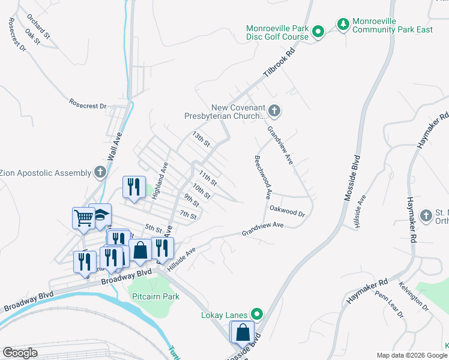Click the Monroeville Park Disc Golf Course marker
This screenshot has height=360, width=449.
tap(320, 32)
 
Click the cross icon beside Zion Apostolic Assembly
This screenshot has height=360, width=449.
tap(100, 173)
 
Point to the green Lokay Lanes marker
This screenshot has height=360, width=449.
tap(257, 314)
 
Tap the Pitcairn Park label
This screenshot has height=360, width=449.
tap(154, 296)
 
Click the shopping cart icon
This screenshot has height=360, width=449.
tap(83, 218)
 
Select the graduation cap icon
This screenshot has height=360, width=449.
tap(100, 215)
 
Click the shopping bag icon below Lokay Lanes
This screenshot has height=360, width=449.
tap(243, 332)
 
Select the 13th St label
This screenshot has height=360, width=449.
tap(201, 140)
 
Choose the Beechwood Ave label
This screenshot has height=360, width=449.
tap(264, 176)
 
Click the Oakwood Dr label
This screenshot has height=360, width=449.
tap(288, 211)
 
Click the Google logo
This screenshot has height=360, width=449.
tap(20, 353)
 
